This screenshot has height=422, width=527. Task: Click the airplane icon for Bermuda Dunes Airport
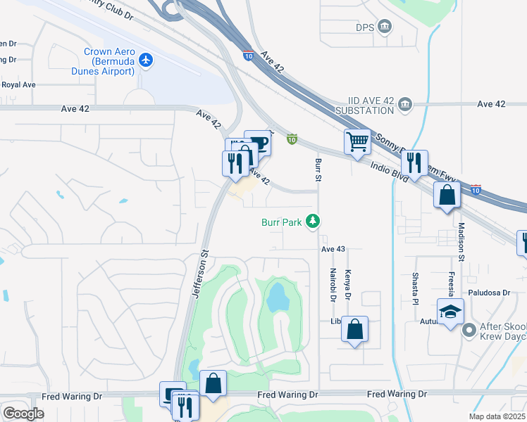(x=146, y=60)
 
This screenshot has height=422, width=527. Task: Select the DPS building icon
(x=385, y=27)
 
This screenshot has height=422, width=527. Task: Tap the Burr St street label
(x=318, y=171)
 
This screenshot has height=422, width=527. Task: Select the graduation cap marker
(x=450, y=312)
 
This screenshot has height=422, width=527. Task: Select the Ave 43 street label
(x=333, y=249)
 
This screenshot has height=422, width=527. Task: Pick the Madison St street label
(x=461, y=243)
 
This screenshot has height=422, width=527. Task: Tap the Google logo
(x=23, y=413)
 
